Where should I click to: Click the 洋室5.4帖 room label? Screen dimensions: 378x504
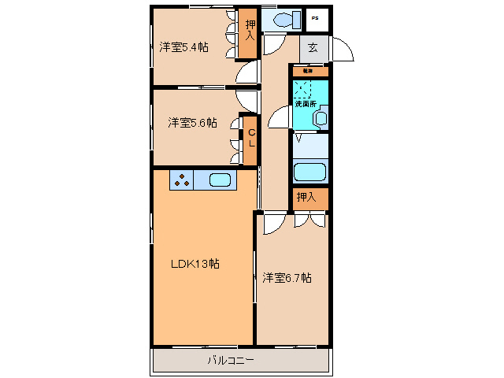[x=183, y=47]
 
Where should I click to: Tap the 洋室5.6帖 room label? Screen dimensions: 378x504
[x=191, y=123]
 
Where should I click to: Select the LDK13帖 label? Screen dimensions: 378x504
[x=195, y=264]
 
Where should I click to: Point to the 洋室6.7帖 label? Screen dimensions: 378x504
[x=287, y=277]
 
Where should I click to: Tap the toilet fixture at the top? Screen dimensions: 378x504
[x=279, y=19]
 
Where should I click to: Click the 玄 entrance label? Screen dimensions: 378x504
[x=313, y=48]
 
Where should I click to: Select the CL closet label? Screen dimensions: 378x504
[x=251, y=139]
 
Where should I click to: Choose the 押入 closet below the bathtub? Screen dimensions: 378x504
[x=306, y=197]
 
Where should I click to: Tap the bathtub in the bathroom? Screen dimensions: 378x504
[x=309, y=172]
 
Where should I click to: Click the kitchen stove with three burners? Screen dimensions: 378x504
[x=182, y=180]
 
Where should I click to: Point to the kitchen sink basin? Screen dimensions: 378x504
[x=220, y=180]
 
